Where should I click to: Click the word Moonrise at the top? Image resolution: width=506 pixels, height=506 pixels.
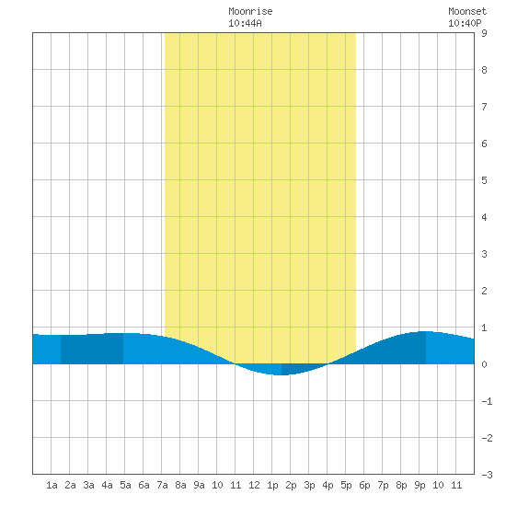point(250,11)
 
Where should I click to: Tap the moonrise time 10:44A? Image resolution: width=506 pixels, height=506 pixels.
point(245,23)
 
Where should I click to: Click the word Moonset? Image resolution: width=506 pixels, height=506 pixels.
point(467,11)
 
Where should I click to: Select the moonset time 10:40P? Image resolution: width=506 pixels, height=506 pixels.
point(465,23)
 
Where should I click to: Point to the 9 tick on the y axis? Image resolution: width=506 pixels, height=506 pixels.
point(484,33)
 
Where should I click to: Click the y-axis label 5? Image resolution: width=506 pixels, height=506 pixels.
point(484,180)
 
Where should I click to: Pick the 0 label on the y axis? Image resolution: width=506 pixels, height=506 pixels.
point(484,364)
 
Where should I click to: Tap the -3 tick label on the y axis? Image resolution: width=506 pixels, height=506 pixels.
point(487,475)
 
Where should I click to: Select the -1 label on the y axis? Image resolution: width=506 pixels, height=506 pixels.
point(487,401)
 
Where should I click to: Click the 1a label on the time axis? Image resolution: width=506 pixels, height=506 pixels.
point(52,485)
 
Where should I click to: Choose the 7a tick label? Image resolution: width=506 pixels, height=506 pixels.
point(162,485)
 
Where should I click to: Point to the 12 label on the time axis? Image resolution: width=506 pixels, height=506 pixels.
point(254,485)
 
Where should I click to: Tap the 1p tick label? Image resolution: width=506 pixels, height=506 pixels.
point(272,485)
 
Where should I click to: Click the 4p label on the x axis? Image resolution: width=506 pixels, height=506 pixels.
point(328,485)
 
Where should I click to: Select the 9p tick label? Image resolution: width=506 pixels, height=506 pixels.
point(420,485)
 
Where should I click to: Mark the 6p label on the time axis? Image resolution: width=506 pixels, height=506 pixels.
point(364,485)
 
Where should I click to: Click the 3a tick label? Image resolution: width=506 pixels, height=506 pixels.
point(88,485)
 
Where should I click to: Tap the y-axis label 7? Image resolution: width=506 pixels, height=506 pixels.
point(484,107)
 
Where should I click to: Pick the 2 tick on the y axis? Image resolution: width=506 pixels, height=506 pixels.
point(484,291)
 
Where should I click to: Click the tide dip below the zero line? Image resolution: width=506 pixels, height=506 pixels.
point(282,370)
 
